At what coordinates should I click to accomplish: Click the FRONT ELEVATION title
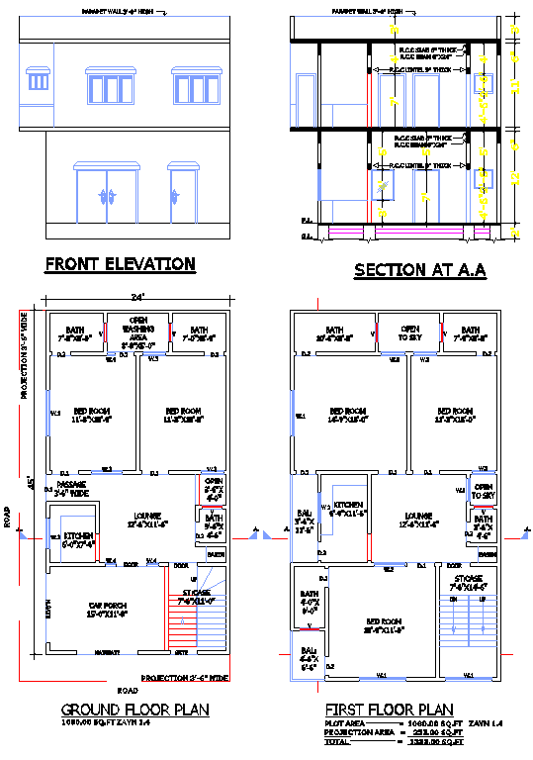(120, 264)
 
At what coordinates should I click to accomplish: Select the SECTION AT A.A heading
(419, 270)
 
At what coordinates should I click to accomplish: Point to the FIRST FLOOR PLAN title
(389, 710)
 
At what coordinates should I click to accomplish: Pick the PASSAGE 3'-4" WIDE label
(71, 488)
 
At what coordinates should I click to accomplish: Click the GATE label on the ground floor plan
(182, 653)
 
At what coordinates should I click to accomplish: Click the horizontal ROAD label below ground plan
(126, 689)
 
